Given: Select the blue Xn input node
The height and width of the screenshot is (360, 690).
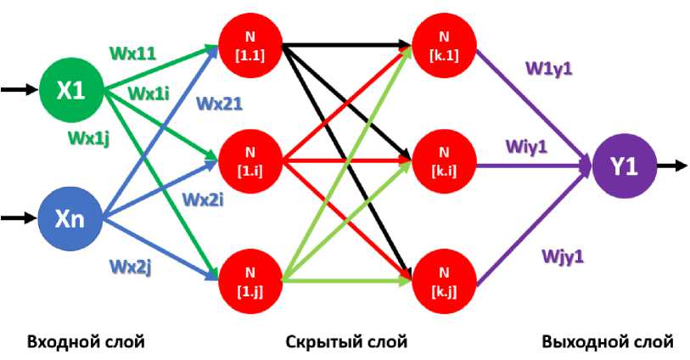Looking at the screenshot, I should (x=70, y=218).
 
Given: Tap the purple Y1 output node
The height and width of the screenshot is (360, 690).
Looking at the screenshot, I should (x=624, y=166).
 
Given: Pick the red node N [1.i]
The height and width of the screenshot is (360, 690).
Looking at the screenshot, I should (x=249, y=159).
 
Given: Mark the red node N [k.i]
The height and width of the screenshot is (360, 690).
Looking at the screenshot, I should (x=442, y=159).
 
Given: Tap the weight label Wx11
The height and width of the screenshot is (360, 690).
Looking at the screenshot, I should (x=132, y=53).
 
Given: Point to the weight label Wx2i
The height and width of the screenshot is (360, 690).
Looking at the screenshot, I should (x=201, y=200).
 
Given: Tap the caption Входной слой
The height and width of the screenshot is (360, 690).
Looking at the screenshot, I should (x=86, y=342).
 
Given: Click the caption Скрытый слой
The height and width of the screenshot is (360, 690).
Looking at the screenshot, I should (x=346, y=342).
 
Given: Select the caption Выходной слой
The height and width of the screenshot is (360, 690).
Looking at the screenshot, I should (x=607, y=342).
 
